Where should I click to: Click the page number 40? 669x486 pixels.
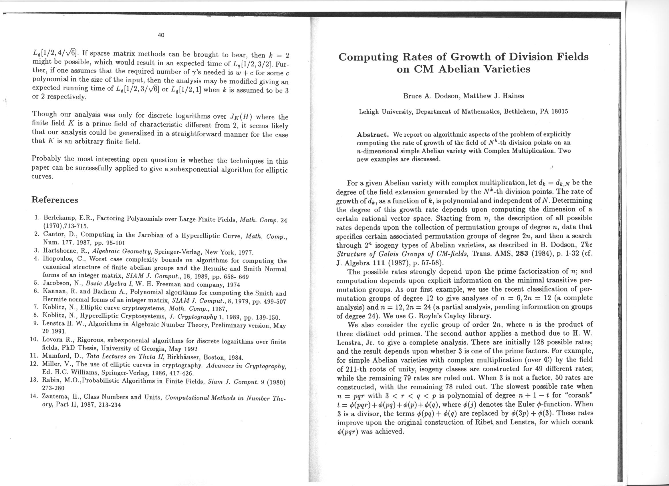click(161, 35)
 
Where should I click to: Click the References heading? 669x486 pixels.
click(55, 200)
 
